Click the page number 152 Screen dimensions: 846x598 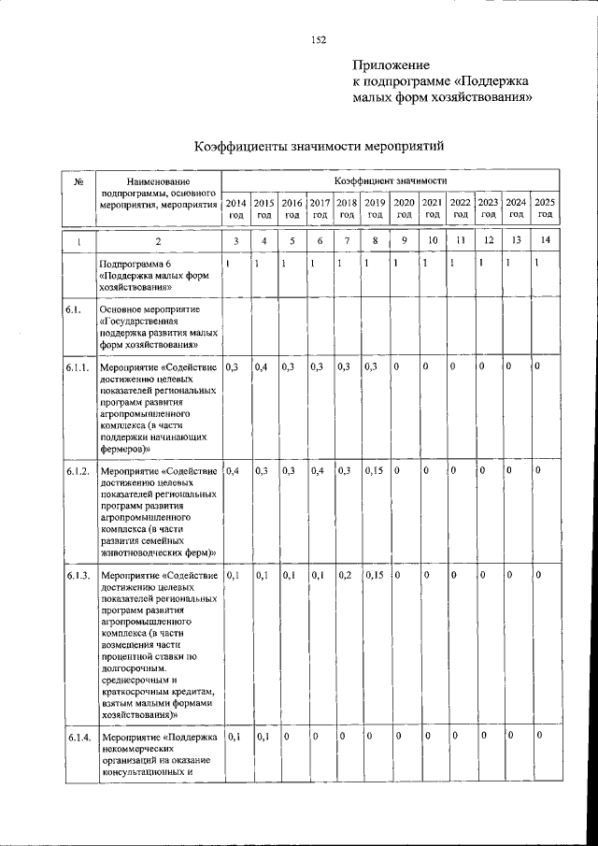coord(318,39)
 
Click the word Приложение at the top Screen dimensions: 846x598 coord(391,65)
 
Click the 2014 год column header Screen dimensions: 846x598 coord(236,208)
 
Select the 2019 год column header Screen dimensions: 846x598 coord(375,208)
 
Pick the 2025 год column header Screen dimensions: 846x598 coord(545,208)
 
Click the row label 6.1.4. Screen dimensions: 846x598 coord(78,738)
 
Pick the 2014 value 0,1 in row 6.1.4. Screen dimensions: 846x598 coord(235,738)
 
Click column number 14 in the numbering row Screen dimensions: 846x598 coord(545,242)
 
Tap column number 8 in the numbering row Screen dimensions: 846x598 coord(375,242)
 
